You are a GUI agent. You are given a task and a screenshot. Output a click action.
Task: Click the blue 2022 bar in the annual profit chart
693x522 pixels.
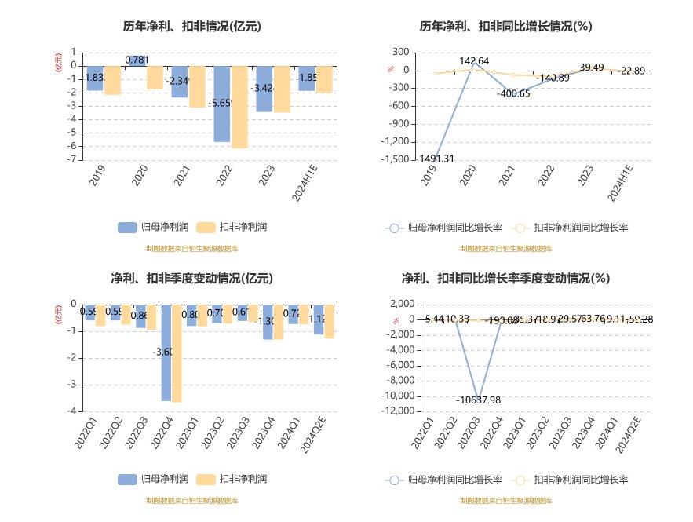(x=221, y=104)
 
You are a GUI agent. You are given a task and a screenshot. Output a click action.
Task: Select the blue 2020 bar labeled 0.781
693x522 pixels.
(x=137, y=60)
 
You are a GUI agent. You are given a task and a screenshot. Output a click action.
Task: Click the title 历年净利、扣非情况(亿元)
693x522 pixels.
(x=191, y=26)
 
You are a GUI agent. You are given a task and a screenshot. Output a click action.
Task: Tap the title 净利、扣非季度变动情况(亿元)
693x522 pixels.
(x=191, y=278)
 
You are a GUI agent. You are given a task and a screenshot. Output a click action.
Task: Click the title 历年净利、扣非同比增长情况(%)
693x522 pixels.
(x=505, y=26)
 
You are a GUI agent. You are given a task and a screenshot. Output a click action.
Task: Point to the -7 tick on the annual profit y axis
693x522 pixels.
(x=72, y=159)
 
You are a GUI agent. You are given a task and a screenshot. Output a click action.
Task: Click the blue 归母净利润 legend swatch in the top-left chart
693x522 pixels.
(x=128, y=228)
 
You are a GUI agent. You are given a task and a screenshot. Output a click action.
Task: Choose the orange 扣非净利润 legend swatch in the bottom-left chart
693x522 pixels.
(x=206, y=479)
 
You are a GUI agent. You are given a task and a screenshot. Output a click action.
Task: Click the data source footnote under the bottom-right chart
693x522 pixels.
(x=505, y=500)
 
